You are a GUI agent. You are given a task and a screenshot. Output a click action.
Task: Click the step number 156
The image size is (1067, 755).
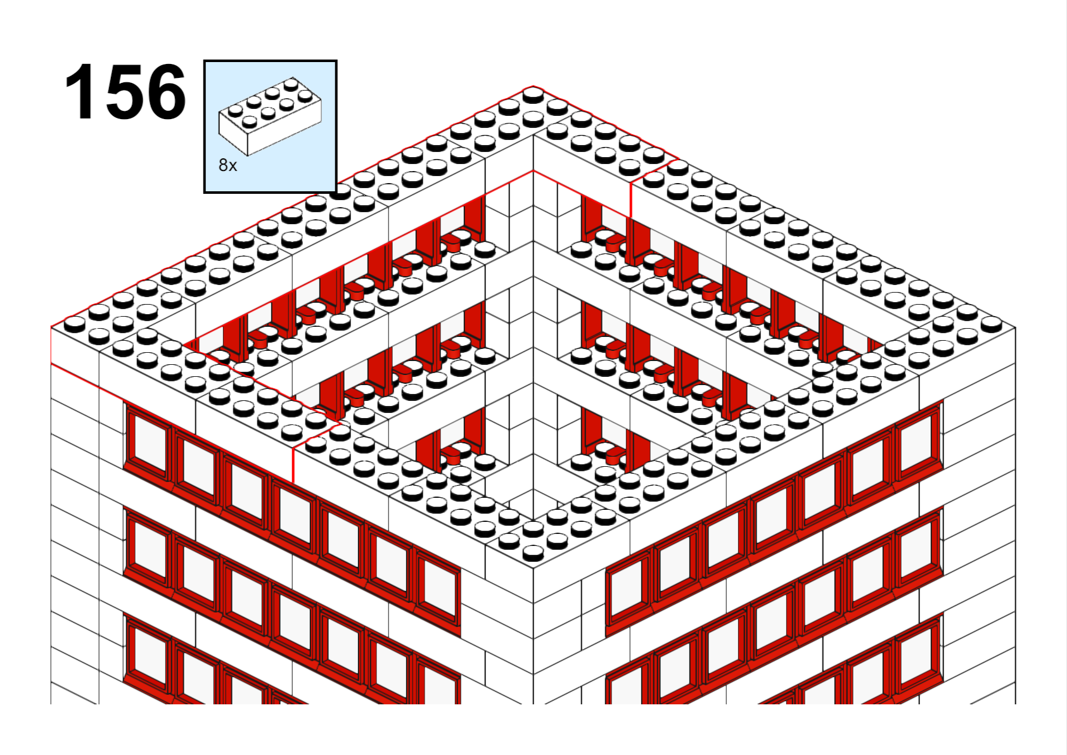pos(125,91)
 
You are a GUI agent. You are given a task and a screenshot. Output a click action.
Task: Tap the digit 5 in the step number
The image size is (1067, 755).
pos(125,91)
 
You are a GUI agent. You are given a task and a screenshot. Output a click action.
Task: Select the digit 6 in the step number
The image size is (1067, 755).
pos(166,91)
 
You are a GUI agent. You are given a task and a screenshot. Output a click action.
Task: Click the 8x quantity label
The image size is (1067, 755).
pos(227,165)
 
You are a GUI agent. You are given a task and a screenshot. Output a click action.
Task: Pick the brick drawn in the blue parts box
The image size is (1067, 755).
pos(270,116)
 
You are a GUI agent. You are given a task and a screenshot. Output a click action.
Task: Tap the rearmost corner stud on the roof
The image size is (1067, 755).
pos(533,95)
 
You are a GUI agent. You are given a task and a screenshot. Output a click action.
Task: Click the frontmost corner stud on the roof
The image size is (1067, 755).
pos(533,553)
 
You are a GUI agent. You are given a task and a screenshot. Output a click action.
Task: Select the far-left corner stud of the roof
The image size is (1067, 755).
pos(75,324)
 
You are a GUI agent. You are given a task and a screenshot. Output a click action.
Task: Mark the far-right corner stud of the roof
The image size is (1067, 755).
pos(991,324)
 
